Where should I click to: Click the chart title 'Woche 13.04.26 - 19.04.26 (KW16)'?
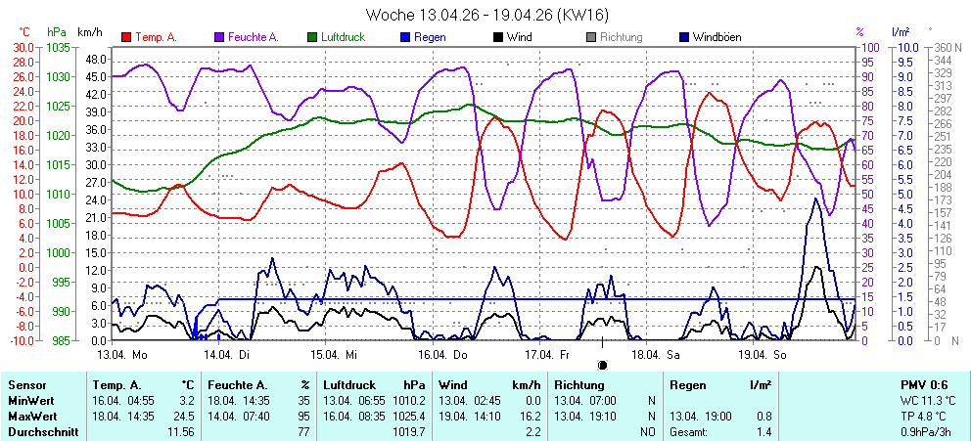[485, 15]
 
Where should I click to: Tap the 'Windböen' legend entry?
[717, 37]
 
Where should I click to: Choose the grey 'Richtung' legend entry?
[621, 37]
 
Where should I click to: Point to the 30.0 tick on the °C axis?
[23, 47]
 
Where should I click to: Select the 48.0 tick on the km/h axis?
[94, 59]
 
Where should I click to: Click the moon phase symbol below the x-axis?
[602, 365]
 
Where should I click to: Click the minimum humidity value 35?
[303, 401]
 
